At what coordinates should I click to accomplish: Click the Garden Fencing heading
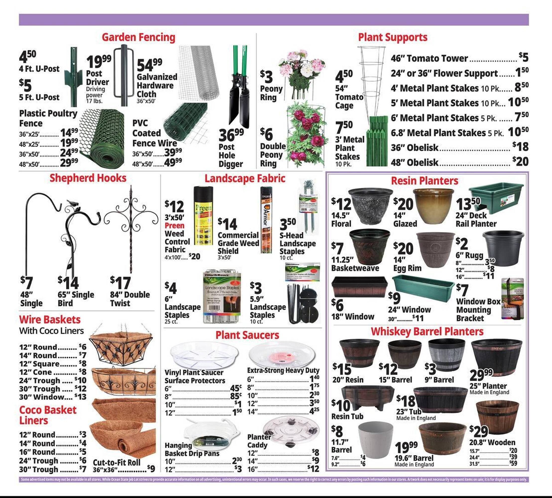(x=138, y=37)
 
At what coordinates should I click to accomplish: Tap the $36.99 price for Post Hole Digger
(x=231, y=135)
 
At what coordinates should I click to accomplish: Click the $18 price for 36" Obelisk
(x=520, y=147)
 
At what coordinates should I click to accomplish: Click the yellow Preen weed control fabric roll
(x=203, y=216)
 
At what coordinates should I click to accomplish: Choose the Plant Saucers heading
(x=247, y=335)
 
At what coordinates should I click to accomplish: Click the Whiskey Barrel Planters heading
(x=427, y=331)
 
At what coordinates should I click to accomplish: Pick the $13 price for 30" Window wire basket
(x=80, y=397)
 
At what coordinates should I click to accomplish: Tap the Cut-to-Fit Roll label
(x=117, y=462)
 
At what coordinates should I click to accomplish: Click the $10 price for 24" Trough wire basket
(x=80, y=380)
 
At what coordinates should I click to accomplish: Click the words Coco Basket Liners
(x=48, y=415)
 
